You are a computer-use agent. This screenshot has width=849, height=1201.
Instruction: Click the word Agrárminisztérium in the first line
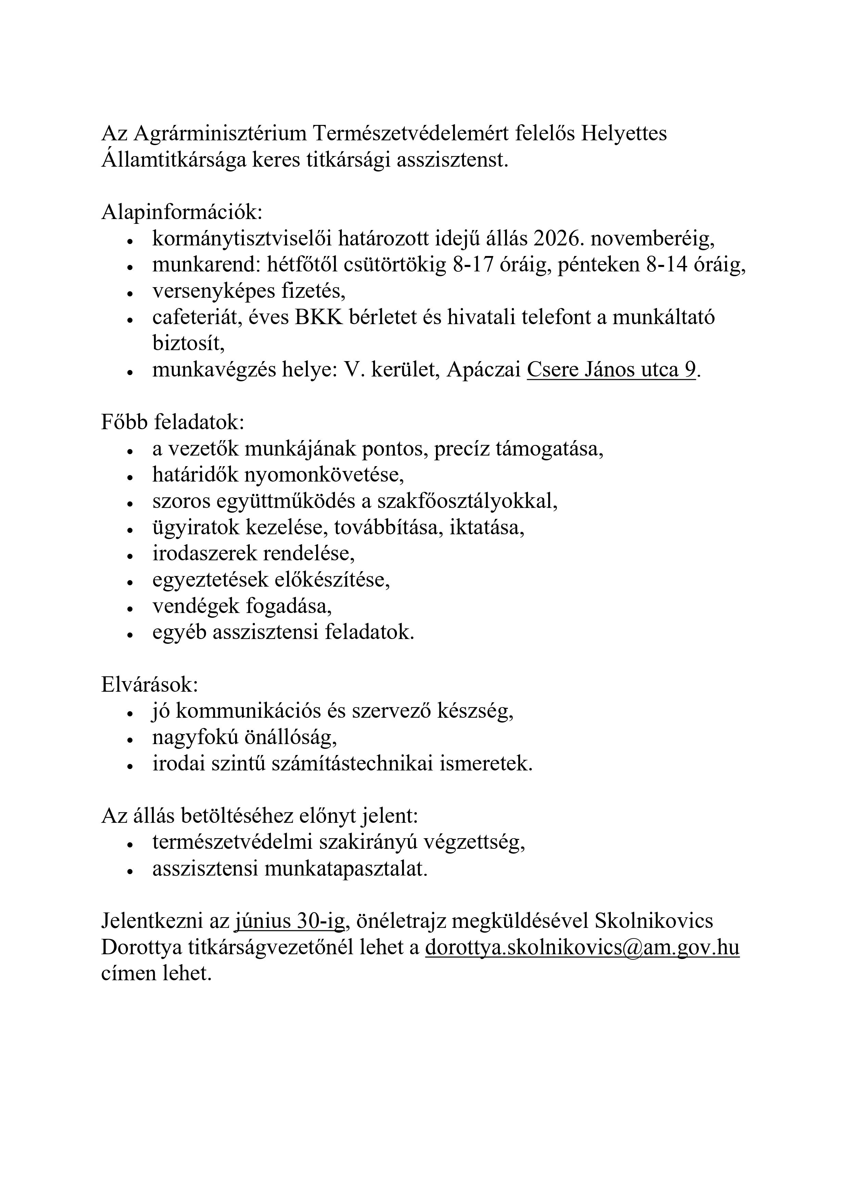(x=220, y=134)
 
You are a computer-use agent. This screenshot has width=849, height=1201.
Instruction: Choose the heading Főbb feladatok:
(x=172, y=423)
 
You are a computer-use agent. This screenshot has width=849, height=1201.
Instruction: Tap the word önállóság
(x=290, y=738)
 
